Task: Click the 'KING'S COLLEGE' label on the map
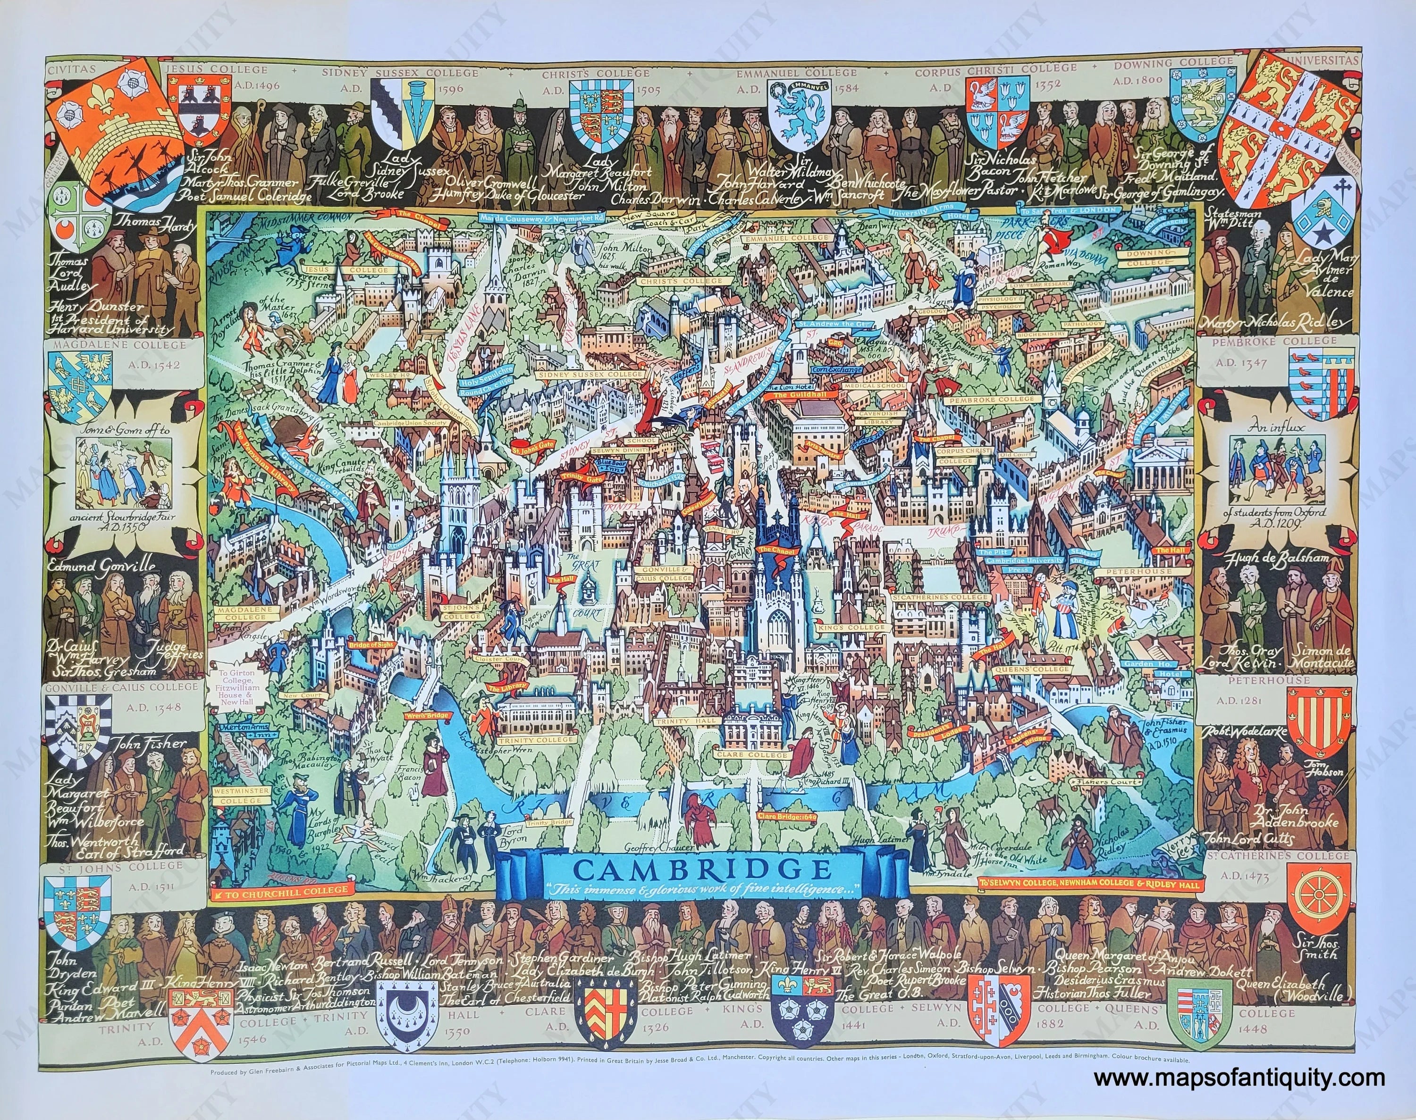pyautogui.click(x=851, y=627)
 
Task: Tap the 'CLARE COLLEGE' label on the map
pyautogui.click(x=761, y=755)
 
